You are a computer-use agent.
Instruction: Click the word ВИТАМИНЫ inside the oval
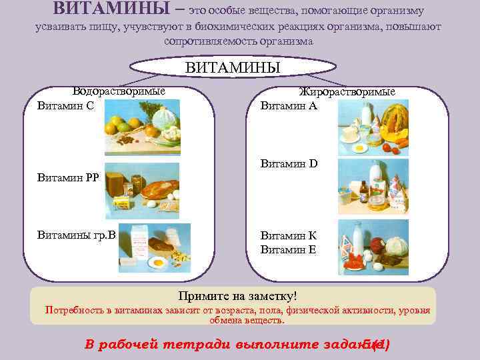coord(232,68)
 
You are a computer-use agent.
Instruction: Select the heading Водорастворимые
coord(119,91)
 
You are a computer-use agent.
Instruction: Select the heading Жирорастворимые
coord(347,91)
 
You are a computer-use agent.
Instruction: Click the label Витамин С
coord(65,105)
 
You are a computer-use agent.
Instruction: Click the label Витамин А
coord(289,105)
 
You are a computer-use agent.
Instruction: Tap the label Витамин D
coord(289,163)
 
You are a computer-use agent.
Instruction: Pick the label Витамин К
coord(289,235)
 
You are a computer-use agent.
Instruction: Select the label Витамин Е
coord(289,249)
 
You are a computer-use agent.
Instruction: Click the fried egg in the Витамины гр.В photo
coord(158,263)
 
